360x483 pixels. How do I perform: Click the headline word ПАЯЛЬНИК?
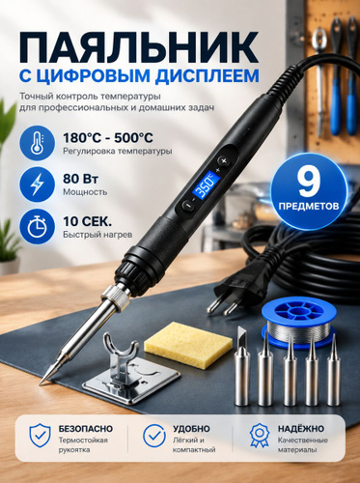tap(139, 47)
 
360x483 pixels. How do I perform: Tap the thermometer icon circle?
tap(38, 143)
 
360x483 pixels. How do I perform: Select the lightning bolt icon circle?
tap(38, 185)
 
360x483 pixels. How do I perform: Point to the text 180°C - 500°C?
tap(108, 138)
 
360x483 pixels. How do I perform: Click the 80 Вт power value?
tap(81, 180)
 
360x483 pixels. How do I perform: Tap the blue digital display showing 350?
tap(207, 185)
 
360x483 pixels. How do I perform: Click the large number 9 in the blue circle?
tap(309, 183)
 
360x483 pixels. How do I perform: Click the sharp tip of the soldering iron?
tap(42, 383)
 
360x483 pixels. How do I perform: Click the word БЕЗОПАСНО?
tap(86, 429)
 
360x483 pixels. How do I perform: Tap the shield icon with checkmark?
tap(40, 436)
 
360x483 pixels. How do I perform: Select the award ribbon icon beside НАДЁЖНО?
tap(260, 436)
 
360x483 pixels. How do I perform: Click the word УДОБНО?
tap(191, 429)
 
